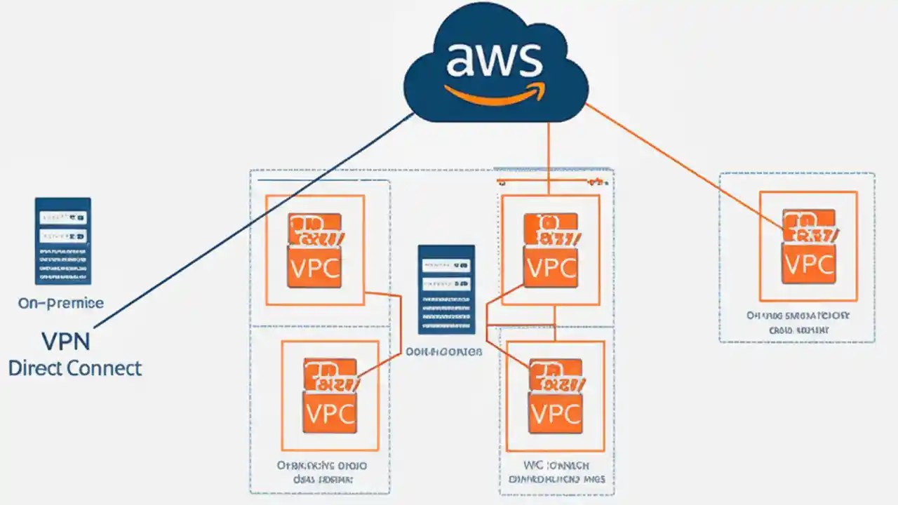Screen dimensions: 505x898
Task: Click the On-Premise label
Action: [x=61, y=303]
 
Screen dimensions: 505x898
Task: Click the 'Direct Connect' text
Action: [x=75, y=368]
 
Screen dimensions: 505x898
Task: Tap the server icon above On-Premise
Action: [x=62, y=241]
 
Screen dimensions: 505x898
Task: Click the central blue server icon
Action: [x=446, y=289]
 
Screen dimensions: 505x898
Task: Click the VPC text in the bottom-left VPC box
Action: [x=329, y=412]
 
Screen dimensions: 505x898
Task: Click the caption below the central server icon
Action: [x=444, y=351]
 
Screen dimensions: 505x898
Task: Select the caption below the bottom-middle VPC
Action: [x=556, y=472]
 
